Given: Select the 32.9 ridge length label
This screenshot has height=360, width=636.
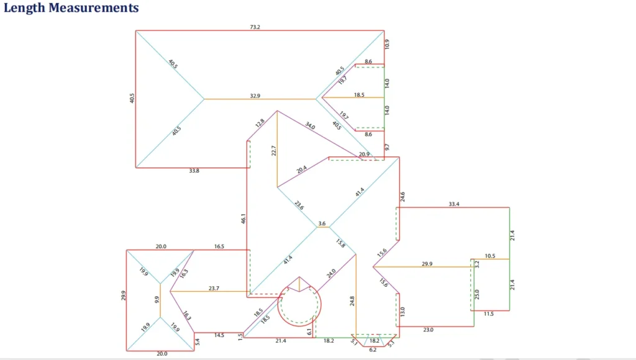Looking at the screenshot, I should coord(255,96).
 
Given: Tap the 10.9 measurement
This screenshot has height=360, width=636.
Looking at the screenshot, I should coord(388,44).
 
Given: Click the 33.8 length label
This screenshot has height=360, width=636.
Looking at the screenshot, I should coord(194,171).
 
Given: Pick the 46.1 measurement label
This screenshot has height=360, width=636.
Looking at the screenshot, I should coord(243,218).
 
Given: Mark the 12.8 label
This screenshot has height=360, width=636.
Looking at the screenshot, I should coord(260,122).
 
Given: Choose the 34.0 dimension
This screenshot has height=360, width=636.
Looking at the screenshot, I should coord(310,126).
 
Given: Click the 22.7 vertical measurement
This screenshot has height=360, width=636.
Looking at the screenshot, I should coord(273,150).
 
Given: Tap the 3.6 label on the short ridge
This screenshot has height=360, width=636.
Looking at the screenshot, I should coord(322,223).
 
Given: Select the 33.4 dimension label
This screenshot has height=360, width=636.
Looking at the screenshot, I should coord(454,204).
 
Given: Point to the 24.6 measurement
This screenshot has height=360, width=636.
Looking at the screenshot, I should coord(402,197).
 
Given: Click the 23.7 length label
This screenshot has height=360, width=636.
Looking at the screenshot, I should coord(214,287).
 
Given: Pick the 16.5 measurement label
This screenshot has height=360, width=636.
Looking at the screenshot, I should coord(219,247).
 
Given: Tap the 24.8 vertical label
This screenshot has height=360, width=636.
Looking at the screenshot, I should coord(352,302).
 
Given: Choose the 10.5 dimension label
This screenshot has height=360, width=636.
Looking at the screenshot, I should coord(490,256).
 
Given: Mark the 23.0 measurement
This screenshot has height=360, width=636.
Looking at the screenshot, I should coord(428,330).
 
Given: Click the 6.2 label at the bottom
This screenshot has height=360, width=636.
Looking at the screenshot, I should coord(373,350).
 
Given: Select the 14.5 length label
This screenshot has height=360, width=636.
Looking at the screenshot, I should coord(219,336).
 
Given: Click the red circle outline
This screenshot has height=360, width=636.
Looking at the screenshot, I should coord(322,304).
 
